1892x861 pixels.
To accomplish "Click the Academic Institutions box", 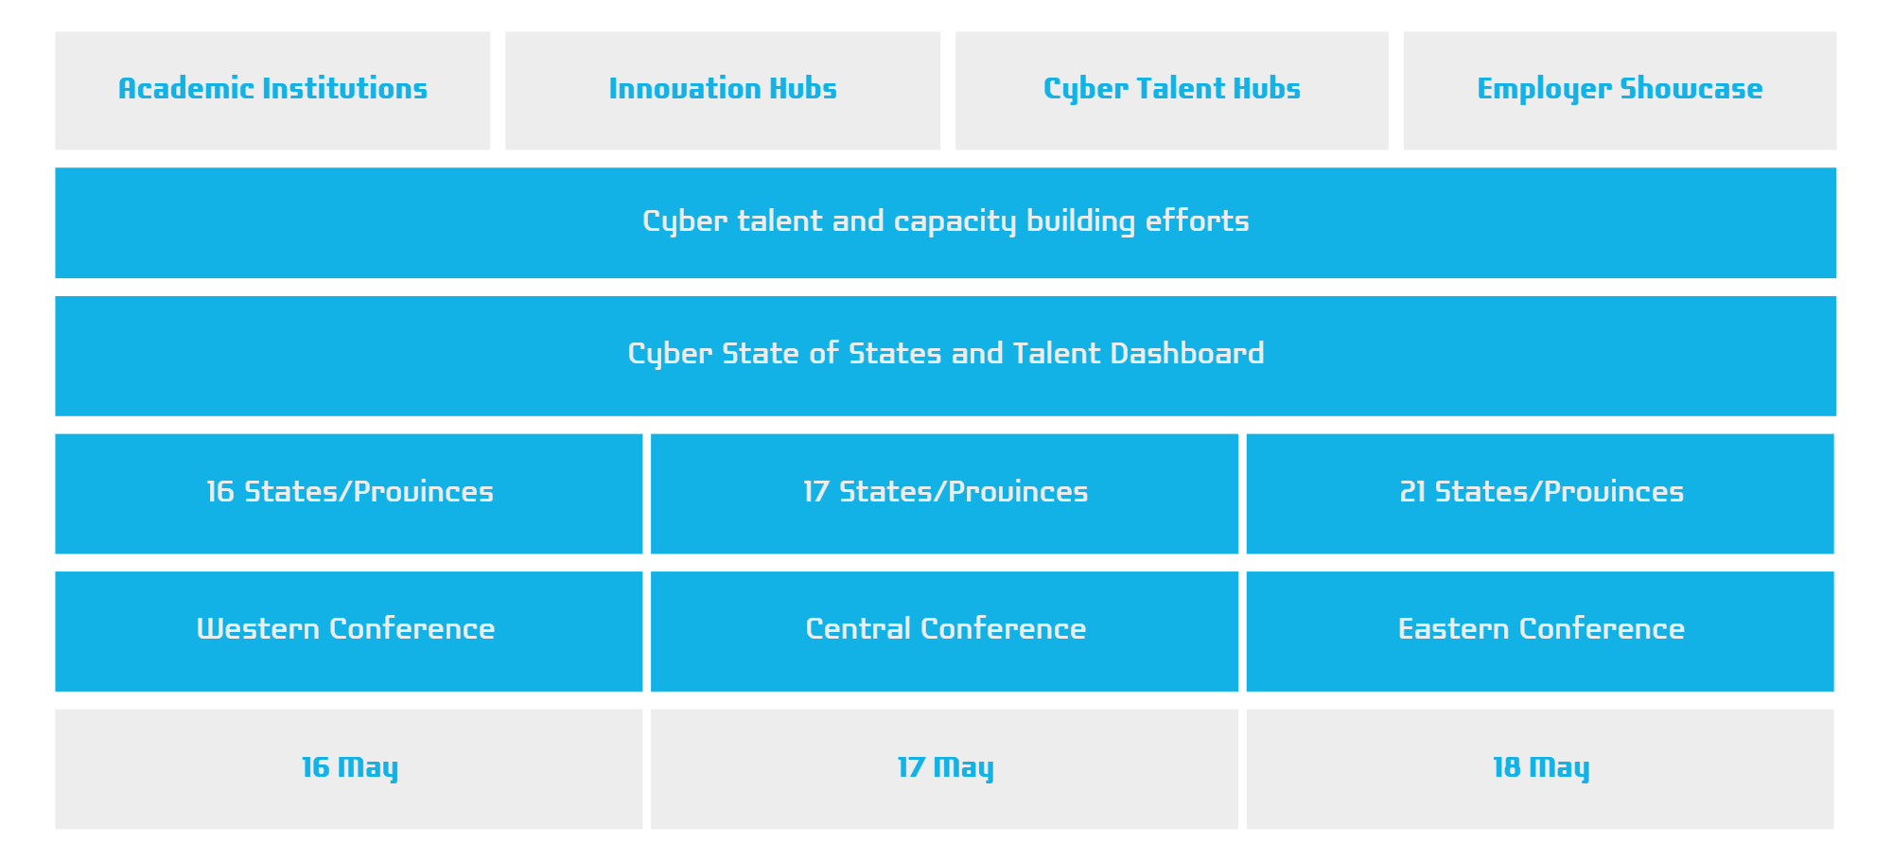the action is coord(272,91).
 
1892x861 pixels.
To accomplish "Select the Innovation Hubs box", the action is coord(723,91).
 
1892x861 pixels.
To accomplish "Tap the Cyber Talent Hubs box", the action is coord(1172,91).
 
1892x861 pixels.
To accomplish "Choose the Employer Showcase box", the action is coord(1620,91).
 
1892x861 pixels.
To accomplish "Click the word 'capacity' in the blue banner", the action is coord(955,222).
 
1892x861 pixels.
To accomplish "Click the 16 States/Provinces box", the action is coord(349,494).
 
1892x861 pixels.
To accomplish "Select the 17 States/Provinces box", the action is coord(944,494).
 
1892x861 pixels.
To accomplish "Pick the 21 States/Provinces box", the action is coord(1540,494).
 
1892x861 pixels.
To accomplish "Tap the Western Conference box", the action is coord(349,631).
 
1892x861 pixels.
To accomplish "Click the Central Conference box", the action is coord(944,631).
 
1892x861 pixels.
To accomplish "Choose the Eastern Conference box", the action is coord(1540,631).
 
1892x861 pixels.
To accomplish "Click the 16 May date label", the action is coord(350,768).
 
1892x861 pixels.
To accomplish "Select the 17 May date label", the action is coord(946,768).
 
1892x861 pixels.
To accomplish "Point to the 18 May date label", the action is coord(1541,768).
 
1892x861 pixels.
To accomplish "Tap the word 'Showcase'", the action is coord(1691,88).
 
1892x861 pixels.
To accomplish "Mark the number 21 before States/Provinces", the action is coord(1412,492).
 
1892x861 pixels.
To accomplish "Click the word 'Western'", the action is coord(258,629).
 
